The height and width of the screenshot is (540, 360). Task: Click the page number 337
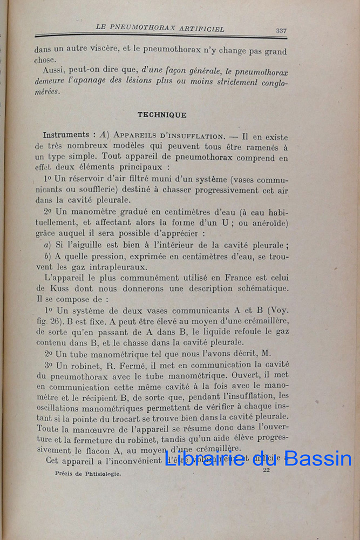281,31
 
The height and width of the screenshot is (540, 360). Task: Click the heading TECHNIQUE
162,115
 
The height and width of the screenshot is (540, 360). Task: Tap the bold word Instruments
66,135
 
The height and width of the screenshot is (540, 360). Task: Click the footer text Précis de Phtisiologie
88,474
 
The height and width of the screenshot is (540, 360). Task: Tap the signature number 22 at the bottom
266,470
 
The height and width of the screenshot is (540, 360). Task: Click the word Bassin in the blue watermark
318,459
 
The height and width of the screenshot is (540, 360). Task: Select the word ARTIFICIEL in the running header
199,28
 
